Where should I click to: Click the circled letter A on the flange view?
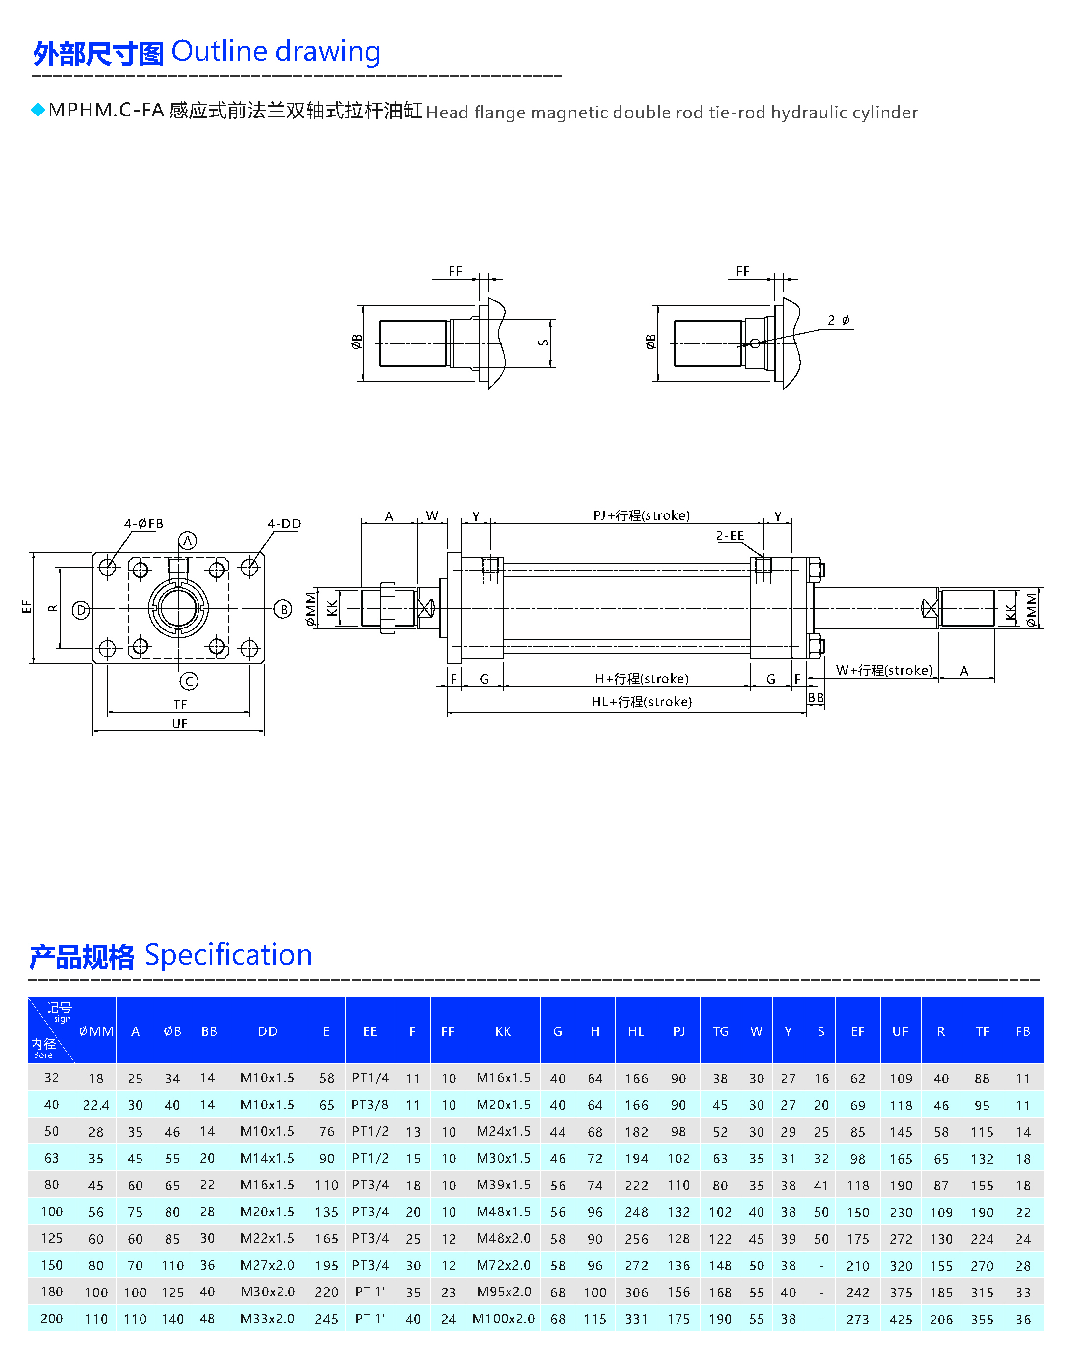(x=187, y=541)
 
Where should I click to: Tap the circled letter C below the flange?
(x=189, y=681)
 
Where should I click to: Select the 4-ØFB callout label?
(x=143, y=523)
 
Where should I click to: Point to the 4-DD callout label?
(x=284, y=523)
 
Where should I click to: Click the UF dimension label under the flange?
(x=180, y=723)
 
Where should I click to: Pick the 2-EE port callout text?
(x=730, y=536)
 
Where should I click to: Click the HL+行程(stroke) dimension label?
(x=642, y=701)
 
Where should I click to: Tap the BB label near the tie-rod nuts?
(x=816, y=698)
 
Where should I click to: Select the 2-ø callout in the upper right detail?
(x=839, y=320)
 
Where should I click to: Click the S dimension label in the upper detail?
(x=543, y=342)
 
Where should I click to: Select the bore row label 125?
(x=52, y=1238)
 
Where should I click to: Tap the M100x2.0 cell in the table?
(x=503, y=1318)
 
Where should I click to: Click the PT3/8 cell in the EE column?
(x=370, y=1104)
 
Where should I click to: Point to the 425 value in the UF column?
(x=901, y=1319)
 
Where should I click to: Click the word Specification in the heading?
(x=228, y=955)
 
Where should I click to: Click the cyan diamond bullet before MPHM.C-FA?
(x=38, y=110)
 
